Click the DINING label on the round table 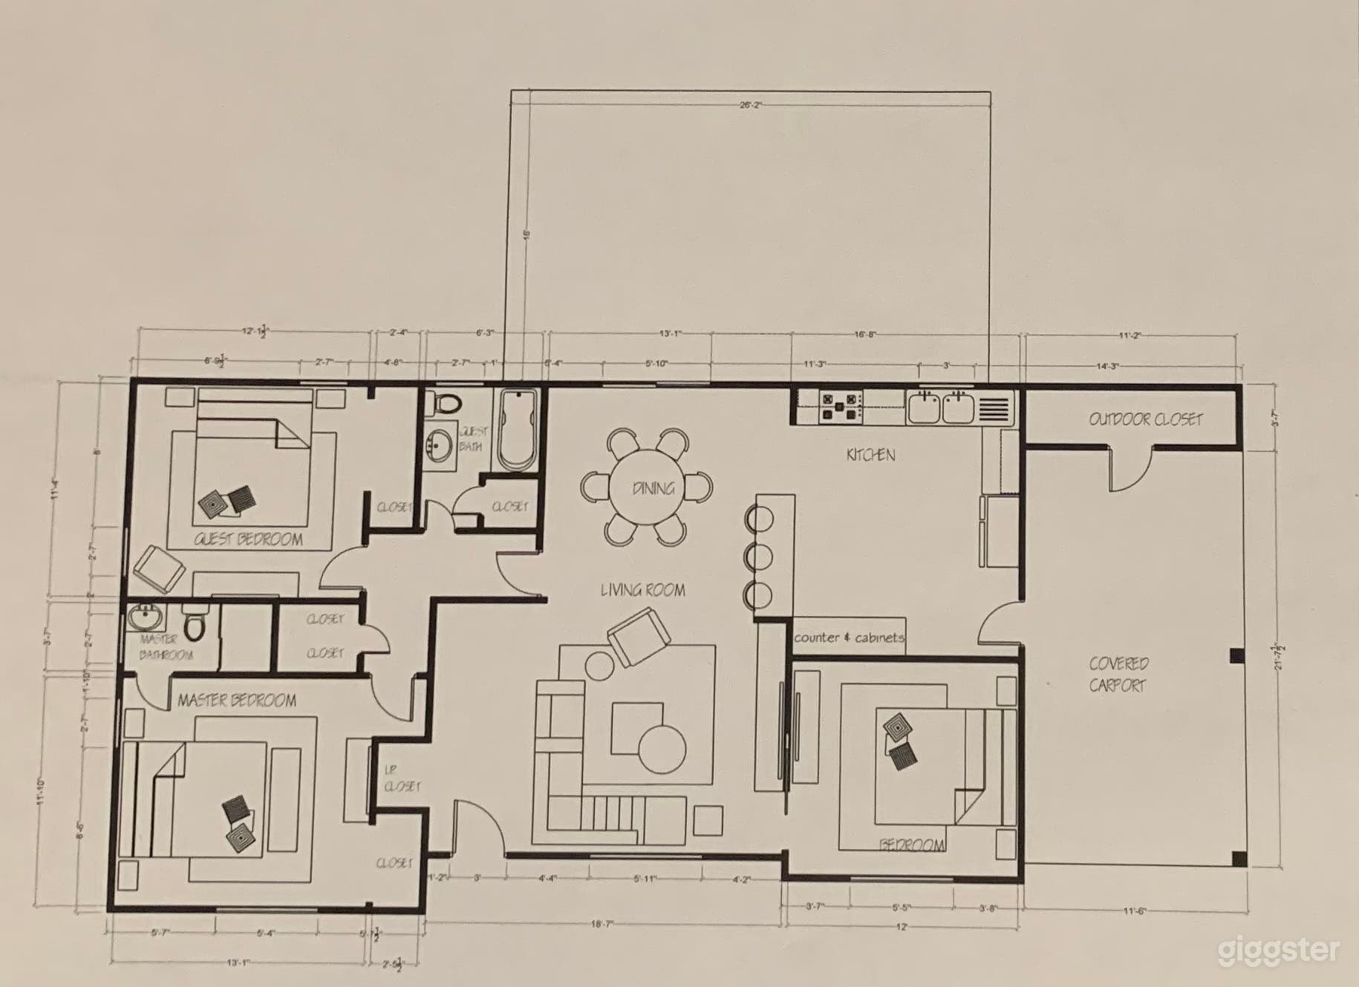654,488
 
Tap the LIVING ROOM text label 642,590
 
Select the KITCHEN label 870,455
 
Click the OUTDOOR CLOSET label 1145,419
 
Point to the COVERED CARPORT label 1118,674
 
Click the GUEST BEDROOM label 248,540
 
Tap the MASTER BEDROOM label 237,700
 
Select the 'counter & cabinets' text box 849,637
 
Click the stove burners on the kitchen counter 841,407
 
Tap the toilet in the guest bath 448,404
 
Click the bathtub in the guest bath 516,430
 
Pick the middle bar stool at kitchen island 759,556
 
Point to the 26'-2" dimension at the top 751,105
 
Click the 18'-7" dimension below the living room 602,925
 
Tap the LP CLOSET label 402,779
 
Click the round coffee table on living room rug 662,750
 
